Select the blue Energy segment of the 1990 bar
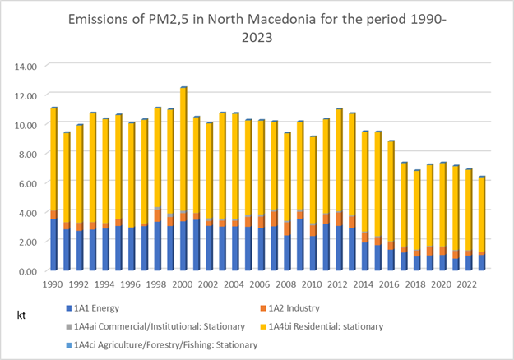point(54,245)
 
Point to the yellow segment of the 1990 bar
point(54,159)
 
